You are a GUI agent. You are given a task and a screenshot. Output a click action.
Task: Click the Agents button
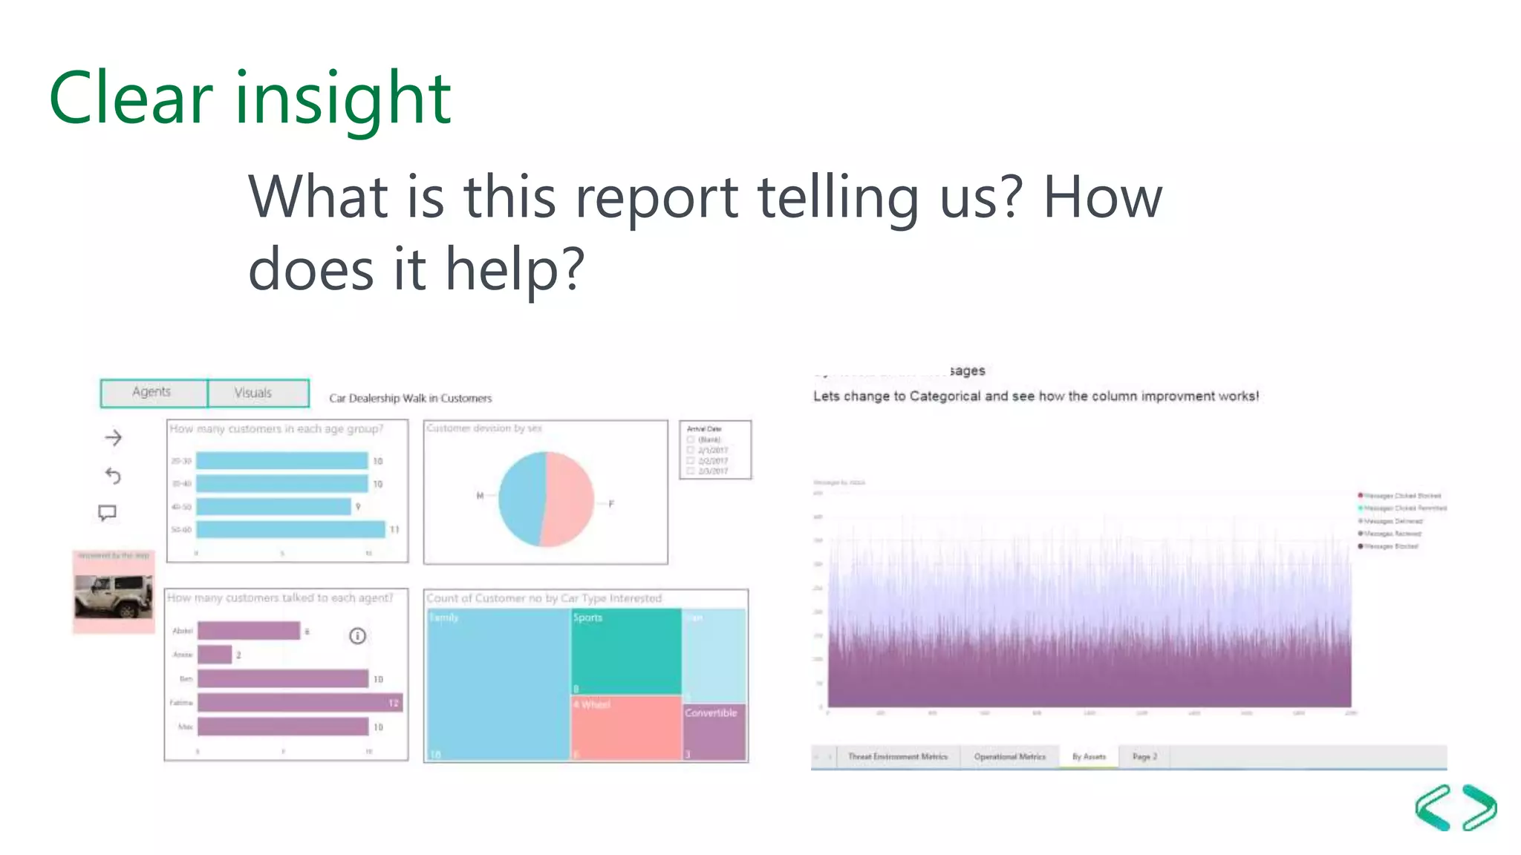pyautogui.click(x=153, y=393)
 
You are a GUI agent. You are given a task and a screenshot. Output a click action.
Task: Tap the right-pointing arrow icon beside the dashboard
pyautogui.click(x=114, y=438)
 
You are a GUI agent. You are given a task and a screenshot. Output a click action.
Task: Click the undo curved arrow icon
pyautogui.click(x=113, y=476)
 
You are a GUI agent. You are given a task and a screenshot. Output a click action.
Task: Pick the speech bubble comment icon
pyautogui.click(x=108, y=513)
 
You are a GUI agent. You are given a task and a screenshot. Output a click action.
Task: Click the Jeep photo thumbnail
pyautogui.click(x=114, y=596)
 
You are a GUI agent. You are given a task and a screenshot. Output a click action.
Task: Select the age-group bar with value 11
pyautogui.click(x=290, y=529)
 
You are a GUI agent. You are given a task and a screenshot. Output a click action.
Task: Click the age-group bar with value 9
pyautogui.click(x=273, y=506)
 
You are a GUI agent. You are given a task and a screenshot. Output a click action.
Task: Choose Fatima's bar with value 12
pyautogui.click(x=299, y=702)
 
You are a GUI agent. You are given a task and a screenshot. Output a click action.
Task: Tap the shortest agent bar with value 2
pyautogui.click(x=215, y=655)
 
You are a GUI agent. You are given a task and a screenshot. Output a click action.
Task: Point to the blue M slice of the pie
pyautogui.click(x=521, y=499)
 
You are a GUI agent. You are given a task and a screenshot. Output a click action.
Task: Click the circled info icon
pyautogui.click(x=357, y=636)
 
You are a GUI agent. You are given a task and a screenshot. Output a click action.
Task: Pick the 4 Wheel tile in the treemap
pyautogui.click(x=625, y=727)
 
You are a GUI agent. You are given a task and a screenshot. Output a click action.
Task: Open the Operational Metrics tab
pyautogui.click(x=1009, y=757)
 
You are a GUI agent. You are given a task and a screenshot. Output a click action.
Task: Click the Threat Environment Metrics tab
pyautogui.click(x=897, y=757)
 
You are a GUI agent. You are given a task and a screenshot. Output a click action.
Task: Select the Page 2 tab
pyautogui.click(x=1144, y=757)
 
